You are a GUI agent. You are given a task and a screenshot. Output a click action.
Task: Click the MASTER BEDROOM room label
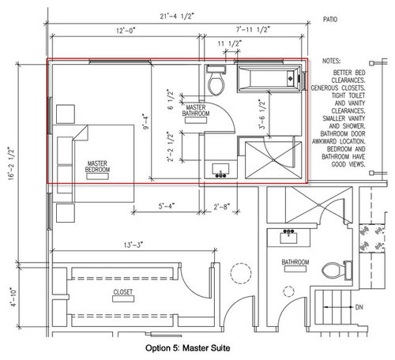pyautogui.click(x=98, y=167)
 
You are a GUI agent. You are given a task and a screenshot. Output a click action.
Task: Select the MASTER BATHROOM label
pyautogui.click(x=197, y=110)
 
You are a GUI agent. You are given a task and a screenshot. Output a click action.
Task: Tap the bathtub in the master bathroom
pyautogui.click(x=269, y=77)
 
